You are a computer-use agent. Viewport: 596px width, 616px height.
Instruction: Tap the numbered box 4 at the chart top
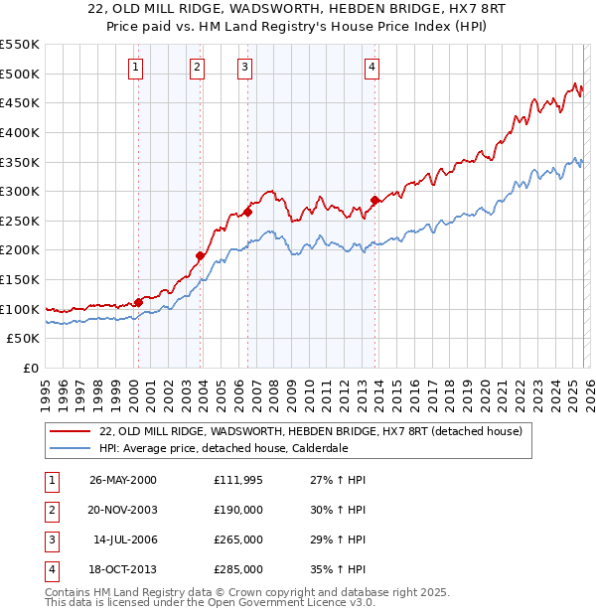coord(372,68)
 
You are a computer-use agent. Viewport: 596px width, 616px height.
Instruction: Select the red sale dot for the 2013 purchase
coord(374,200)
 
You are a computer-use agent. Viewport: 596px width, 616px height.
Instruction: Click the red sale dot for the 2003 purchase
coord(200,255)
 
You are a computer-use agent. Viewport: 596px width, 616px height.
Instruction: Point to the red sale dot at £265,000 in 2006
coord(247,211)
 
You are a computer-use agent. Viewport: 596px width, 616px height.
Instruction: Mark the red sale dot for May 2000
coord(138,302)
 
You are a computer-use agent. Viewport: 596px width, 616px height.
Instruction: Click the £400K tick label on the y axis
coord(20,132)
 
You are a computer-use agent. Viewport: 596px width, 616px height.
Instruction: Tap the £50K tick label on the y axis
coord(24,339)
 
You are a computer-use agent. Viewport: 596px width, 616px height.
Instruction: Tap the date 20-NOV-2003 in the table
coord(123,509)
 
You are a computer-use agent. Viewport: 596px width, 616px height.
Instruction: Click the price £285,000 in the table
coord(238,570)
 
